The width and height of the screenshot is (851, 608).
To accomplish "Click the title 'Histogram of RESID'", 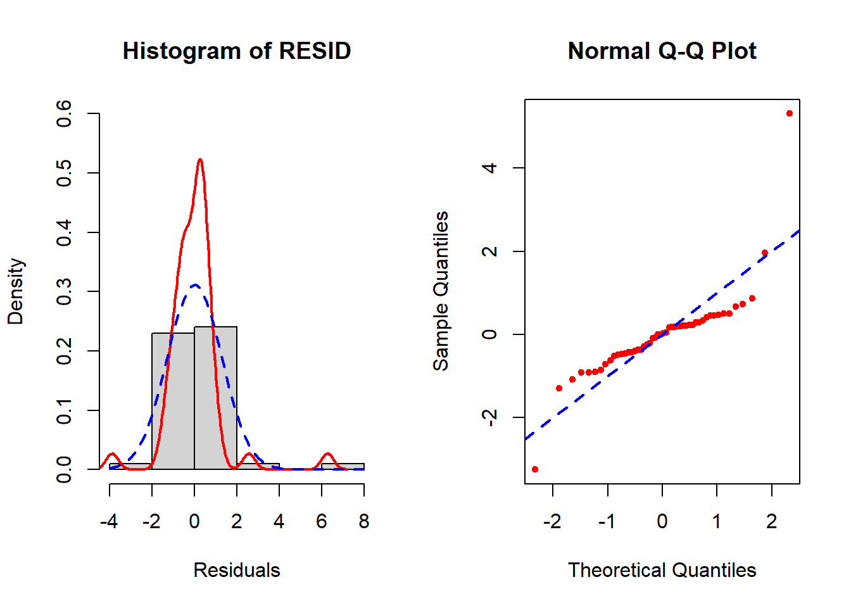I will point(236,51).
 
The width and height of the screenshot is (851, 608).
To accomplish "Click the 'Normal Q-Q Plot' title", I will point(662,51).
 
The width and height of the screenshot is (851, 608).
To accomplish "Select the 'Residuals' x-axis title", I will point(236,570).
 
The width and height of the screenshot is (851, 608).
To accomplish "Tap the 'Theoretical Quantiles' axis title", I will point(662,570).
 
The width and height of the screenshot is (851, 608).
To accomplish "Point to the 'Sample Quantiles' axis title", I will point(441,291).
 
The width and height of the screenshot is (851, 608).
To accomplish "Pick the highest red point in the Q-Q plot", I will point(789,113).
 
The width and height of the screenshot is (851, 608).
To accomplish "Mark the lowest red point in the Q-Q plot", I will point(535,469).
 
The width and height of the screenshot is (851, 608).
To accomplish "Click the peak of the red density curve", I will point(200,160).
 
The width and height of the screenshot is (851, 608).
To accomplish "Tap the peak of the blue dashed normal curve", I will point(195,285).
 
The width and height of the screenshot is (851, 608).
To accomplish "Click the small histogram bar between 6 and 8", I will point(343,467).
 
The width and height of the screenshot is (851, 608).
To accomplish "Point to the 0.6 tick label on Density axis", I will point(64,113).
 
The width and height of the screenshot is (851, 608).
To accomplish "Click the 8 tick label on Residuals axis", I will point(363,521).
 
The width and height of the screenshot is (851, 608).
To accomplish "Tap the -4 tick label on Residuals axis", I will point(109,521).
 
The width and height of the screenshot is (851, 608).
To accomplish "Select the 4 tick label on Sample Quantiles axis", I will point(489,168).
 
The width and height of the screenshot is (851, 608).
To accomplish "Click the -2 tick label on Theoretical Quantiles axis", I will point(552,521).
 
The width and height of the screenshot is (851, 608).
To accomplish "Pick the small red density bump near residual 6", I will point(327,455).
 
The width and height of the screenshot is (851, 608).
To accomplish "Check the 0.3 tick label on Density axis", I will point(64,291).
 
